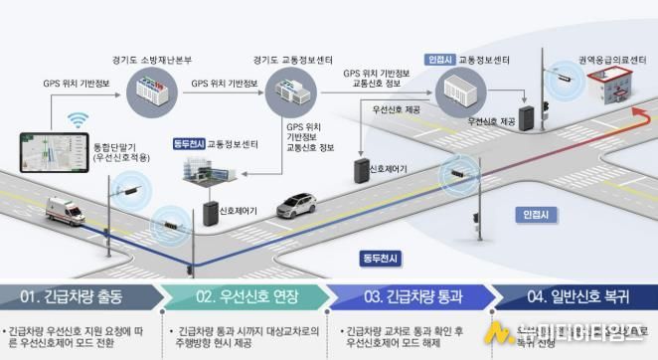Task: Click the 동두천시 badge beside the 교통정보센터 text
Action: (189, 144)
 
